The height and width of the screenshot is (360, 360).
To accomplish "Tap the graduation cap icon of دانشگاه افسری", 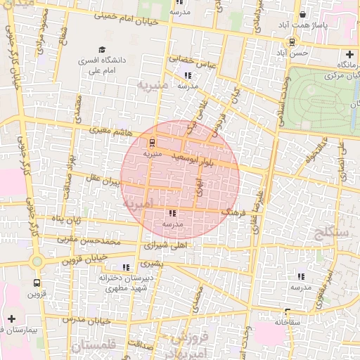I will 103,50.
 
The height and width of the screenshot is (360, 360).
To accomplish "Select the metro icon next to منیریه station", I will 153,141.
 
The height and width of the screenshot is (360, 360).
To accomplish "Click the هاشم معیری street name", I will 112,130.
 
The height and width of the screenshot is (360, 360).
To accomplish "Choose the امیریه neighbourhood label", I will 138,203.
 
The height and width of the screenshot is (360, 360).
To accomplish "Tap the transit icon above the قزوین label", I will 37,283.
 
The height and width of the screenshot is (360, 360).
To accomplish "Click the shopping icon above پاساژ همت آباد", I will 303,14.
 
